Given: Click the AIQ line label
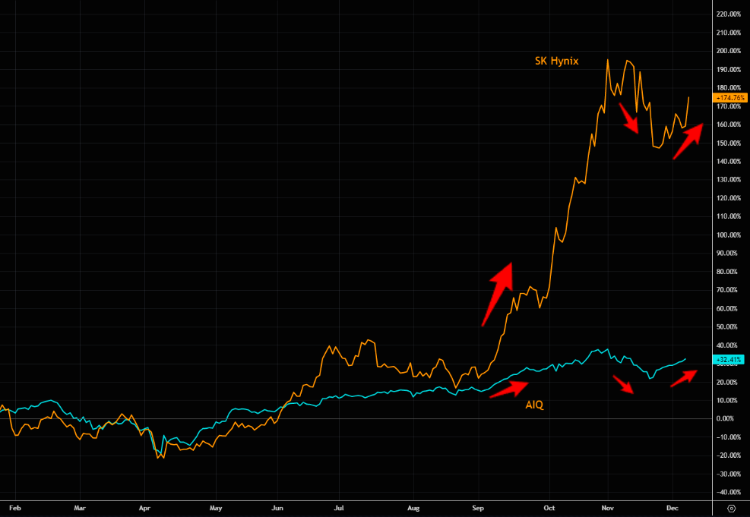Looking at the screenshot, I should pyautogui.click(x=534, y=405).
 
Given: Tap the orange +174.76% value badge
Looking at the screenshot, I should pyautogui.click(x=731, y=98).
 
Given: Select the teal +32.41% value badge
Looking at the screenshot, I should pyautogui.click(x=730, y=359).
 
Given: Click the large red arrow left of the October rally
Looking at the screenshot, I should pyautogui.click(x=498, y=293).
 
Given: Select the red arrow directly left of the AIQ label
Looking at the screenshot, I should pyautogui.click(x=508, y=389).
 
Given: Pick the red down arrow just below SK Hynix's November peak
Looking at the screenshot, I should pyautogui.click(x=631, y=115).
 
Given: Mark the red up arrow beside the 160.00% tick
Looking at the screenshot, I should pyautogui.click(x=688, y=141).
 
